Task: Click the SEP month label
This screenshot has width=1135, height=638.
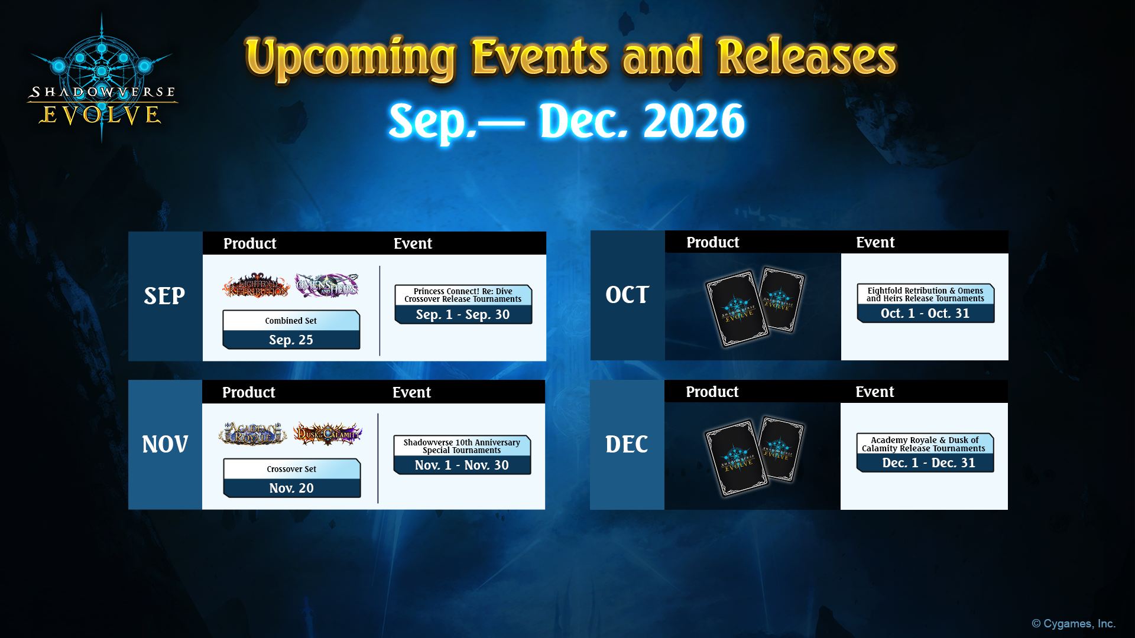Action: pos(164,296)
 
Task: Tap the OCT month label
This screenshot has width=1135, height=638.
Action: pos(627,295)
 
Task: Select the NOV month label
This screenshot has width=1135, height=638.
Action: pos(165,444)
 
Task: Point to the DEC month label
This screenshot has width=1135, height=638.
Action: pos(627,444)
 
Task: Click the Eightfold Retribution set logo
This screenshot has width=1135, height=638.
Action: pos(256,285)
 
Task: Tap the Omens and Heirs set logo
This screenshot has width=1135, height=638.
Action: pos(327,285)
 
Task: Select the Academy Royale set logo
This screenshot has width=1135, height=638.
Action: pos(253,434)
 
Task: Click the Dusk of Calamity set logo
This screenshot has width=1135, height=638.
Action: pos(327,434)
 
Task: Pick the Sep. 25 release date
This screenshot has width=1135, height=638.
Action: pos(291,340)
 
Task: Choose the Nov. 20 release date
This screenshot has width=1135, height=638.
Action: pos(291,488)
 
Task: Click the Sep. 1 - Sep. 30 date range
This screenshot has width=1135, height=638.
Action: pos(463,314)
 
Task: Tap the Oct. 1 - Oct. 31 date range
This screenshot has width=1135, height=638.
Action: pos(925,313)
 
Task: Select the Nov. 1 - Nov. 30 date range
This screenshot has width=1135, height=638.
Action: pos(462,465)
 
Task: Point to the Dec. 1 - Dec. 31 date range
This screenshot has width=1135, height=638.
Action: pos(929,463)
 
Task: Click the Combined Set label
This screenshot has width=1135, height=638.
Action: pos(291,321)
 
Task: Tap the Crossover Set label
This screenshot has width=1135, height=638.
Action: pos(291,469)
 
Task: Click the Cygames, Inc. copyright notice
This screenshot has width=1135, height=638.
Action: pos(1074,624)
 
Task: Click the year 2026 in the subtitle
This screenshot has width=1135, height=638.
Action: pos(694,121)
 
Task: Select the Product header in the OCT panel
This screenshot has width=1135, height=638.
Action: pos(712,242)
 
